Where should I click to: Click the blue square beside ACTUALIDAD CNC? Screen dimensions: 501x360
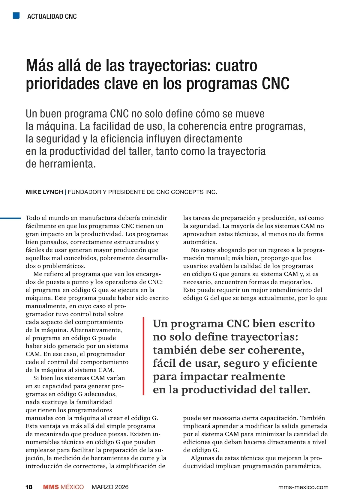(x=16, y=16)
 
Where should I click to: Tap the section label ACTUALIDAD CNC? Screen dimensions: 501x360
(x=52, y=16)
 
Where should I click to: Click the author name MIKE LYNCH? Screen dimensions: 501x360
(x=44, y=192)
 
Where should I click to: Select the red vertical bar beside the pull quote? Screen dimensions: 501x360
(x=144, y=356)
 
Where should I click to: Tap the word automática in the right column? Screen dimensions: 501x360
(x=200, y=242)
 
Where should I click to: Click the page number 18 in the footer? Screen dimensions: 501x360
(x=29, y=487)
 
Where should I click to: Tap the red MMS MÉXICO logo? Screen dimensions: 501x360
(x=63, y=487)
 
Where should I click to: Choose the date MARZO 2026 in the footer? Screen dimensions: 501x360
(x=110, y=487)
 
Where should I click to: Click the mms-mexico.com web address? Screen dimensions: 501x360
(x=303, y=487)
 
